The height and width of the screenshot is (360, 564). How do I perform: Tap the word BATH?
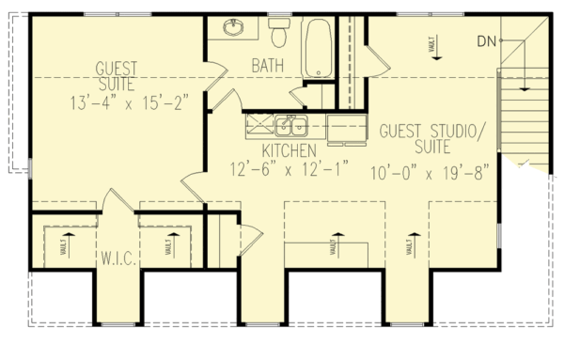point(269,66)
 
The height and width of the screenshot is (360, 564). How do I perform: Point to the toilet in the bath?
point(278,34)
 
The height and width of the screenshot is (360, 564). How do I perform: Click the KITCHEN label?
point(289,150)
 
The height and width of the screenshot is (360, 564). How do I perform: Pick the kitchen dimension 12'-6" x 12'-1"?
point(289,169)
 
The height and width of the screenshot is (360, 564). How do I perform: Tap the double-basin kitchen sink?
point(292,126)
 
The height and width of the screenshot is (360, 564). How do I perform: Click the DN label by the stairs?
point(486,40)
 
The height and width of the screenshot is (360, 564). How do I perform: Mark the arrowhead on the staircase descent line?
point(524,88)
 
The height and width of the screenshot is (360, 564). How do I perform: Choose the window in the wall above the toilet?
point(278,14)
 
